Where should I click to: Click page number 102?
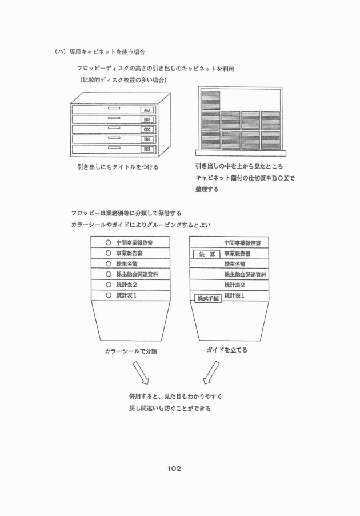[174, 469]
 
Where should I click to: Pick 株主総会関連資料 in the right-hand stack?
[245, 274]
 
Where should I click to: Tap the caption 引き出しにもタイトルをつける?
[118, 167]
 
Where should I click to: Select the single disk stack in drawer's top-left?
[211, 100]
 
